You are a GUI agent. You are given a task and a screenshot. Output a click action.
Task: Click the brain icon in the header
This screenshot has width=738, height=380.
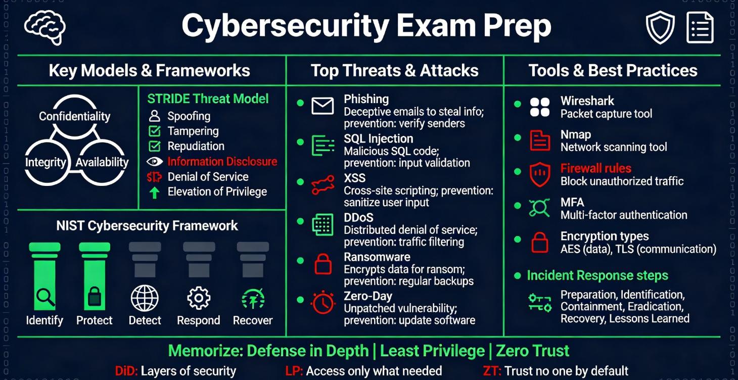pos(44,28)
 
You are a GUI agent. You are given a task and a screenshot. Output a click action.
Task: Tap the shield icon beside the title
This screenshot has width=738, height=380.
pos(660,28)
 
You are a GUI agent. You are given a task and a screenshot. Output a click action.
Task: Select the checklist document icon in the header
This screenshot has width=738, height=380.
pos(700,28)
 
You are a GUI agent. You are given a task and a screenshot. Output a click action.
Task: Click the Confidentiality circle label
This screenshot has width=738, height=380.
pos(74,116)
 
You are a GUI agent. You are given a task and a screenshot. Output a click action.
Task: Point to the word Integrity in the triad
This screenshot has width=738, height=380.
pos(45,162)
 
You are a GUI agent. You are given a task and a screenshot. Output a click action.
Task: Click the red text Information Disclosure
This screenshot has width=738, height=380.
pos(222,162)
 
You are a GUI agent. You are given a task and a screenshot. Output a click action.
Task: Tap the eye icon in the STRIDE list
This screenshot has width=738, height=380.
pos(155,162)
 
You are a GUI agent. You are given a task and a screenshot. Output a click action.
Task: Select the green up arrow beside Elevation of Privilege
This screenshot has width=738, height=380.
pos(155,193)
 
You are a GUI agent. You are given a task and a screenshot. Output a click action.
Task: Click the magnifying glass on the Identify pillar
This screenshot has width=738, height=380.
pos(45,297)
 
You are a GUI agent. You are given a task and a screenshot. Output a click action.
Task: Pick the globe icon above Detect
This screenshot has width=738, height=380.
pos(145,298)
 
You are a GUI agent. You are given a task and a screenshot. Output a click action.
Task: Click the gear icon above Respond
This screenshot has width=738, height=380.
pos(199,298)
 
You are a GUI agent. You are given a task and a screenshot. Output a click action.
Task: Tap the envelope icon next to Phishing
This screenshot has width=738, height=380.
pos(322,106)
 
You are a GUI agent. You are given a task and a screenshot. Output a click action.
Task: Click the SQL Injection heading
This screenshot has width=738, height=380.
pos(378,138)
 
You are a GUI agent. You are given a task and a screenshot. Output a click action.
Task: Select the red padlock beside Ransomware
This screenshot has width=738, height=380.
pos(322,264)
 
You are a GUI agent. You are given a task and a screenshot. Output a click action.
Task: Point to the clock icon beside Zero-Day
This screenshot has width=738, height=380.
pos(322,302)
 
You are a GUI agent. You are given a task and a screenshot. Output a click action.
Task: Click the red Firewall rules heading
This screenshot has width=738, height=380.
pos(595,168)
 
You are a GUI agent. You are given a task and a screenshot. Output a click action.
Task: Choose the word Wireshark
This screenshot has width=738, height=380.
pos(587,101)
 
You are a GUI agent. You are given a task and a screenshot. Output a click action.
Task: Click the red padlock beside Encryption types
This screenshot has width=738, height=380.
pos(540,243)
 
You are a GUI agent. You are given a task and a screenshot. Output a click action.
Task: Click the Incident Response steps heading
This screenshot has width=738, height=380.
pos(597,275)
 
